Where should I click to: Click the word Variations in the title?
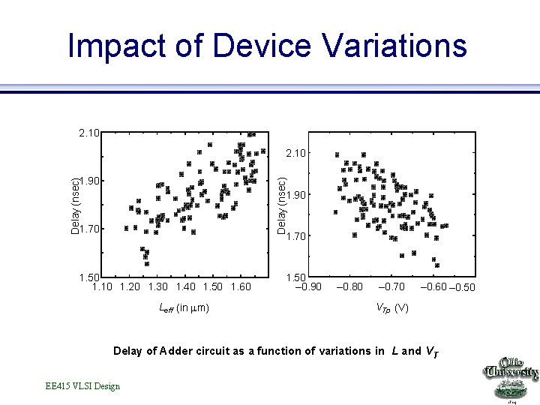tap(395, 46)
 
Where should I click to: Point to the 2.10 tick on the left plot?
tap(88, 133)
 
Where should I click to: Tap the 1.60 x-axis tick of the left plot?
tap(240, 286)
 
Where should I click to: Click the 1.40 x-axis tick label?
tap(186, 286)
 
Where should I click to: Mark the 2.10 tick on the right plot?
tap(295, 154)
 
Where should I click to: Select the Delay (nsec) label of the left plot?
tap(74, 205)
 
